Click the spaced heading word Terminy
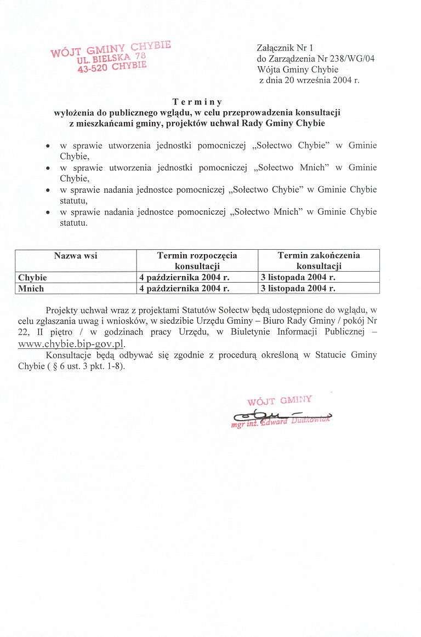[x=197, y=101]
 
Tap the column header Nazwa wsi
[x=76, y=255]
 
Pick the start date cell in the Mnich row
[x=184, y=288]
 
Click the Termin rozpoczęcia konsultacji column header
[x=197, y=261]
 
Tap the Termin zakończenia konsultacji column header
[x=318, y=261]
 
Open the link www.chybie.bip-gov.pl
[x=72, y=344]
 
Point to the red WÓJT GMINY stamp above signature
[x=280, y=400]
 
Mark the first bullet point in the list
[x=49, y=146]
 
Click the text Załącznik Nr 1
[x=285, y=48]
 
